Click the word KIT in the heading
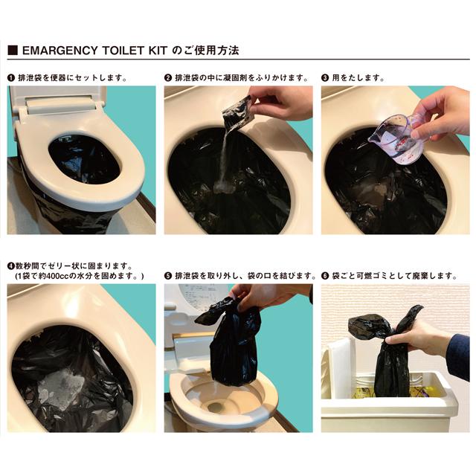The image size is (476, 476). click(x=163, y=51)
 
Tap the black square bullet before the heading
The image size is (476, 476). click(x=12, y=51)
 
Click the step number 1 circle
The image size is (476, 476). click(x=11, y=77)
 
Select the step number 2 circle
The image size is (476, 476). click(x=168, y=77)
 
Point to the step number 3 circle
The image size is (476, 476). click(x=326, y=77)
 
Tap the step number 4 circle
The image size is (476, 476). click(x=10, y=266)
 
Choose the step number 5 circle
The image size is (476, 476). click(x=168, y=276)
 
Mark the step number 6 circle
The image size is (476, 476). click(x=326, y=276)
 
